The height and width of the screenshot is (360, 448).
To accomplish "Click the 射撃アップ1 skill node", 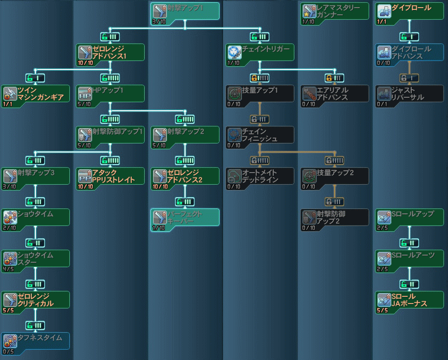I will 185,11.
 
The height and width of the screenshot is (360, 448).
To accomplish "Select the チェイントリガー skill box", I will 260,52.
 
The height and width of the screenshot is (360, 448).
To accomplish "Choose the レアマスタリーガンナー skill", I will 335,11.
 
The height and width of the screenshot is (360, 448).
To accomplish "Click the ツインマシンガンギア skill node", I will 35,93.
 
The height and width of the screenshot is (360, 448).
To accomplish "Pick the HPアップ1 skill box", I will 110,93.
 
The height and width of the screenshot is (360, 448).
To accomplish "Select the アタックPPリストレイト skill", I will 110,176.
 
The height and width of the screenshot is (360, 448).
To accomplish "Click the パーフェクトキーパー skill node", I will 185,217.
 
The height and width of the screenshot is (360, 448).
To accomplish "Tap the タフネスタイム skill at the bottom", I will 35,341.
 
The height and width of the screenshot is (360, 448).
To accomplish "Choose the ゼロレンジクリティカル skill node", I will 35,299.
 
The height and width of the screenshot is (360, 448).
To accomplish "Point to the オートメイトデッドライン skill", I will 260,176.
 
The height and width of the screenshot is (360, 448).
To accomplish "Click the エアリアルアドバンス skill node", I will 335,93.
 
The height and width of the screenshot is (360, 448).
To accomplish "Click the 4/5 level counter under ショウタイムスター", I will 8,269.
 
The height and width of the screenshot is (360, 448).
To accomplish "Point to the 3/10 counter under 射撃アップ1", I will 158,22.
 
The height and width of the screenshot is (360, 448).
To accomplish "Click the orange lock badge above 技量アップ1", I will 260,78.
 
